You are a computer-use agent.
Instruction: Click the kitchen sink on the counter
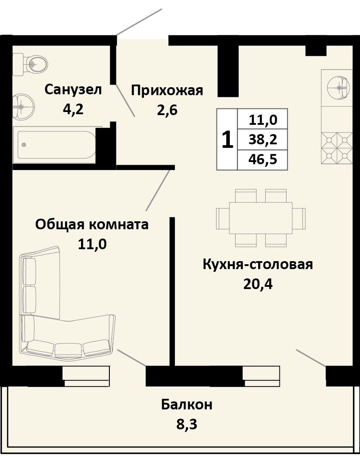click(x=339, y=87)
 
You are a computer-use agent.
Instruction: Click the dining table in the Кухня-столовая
click(x=260, y=218)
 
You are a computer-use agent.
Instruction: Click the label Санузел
click(x=73, y=89)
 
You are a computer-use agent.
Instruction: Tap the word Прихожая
click(x=167, y=91)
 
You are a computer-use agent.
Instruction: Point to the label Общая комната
click(x=92, y=224)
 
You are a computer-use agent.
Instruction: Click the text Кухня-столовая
click(x=258, y=264)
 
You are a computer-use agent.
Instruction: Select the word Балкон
click(x=186, y=404)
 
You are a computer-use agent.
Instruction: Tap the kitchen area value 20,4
click(x=258, y=284)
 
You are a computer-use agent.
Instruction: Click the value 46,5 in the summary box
click(x=263, y=159)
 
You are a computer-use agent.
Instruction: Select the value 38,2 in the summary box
click(x=263, y=139)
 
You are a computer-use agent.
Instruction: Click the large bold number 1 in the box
click(x=227, y=140)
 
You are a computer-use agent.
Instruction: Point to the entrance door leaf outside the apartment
click(x=139, y=21)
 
